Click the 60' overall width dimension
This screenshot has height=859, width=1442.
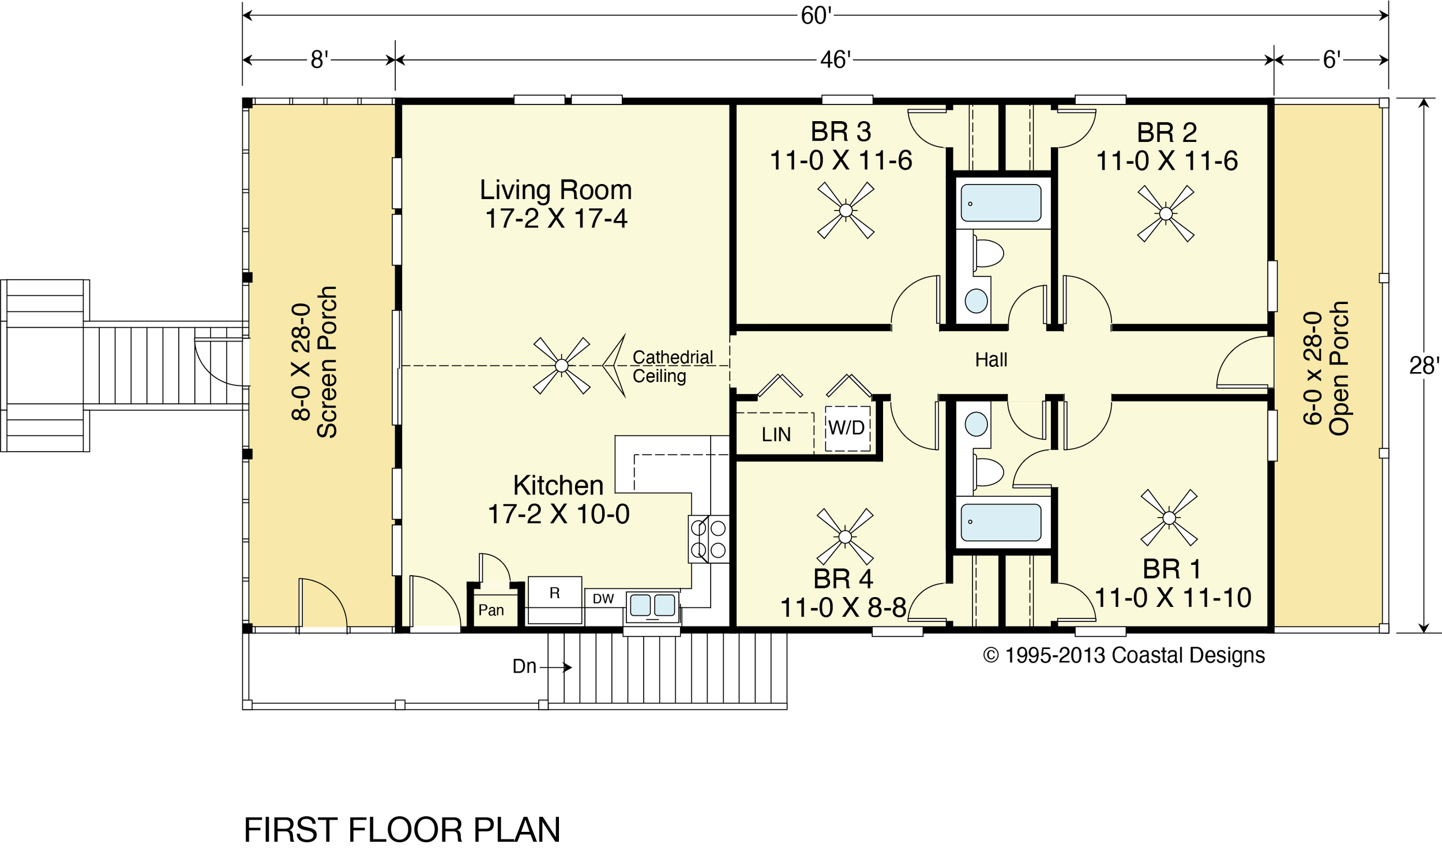point(816,16)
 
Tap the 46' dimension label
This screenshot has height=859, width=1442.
point(835,59)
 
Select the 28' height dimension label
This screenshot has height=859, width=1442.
point(1424,366)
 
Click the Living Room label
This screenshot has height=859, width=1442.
point(555,190)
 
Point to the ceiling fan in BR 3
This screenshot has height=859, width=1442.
point(846,210)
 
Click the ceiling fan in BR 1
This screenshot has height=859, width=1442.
point(1169,517)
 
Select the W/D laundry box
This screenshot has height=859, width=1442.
point(847,429)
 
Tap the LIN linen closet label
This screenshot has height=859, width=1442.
point(776,435)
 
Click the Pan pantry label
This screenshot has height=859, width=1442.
point(491,610)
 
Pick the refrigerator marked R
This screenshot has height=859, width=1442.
point(554,599)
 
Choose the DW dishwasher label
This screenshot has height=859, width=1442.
point(603,599)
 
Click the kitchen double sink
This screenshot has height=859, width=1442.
point(652,606)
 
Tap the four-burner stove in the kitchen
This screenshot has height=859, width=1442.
point(708,538)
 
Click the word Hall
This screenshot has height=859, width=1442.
point(991,360)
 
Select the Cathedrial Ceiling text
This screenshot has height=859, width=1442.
point(673,366)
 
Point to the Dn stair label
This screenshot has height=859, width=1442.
point(524,666)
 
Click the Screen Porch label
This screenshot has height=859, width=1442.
point(327,362)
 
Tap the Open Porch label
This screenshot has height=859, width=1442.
point(1338,368)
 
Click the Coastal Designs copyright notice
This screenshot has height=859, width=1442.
point(1124,655)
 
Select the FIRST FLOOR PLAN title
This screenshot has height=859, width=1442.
point(402,830)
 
